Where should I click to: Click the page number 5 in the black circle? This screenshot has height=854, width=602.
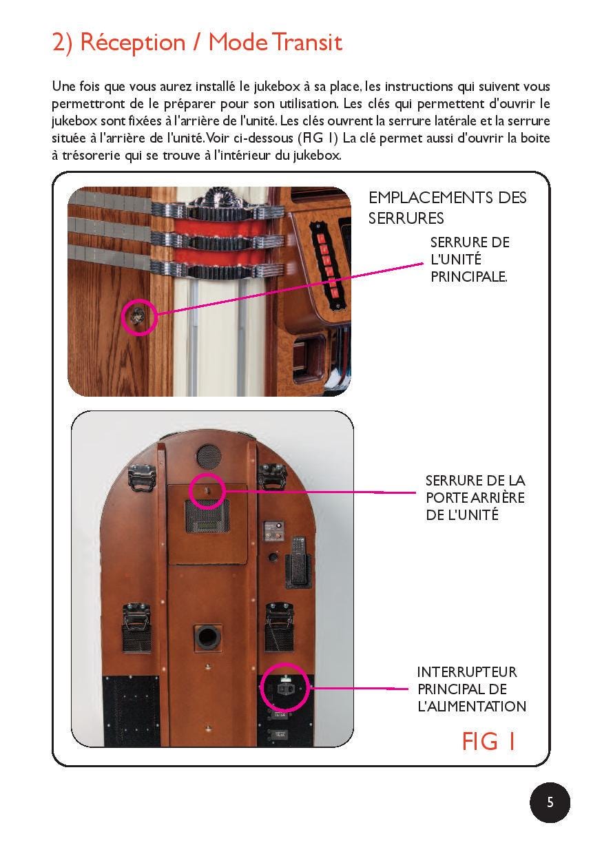550,802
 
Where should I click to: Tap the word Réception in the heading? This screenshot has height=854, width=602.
133,43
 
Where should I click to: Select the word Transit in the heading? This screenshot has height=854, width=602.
307,42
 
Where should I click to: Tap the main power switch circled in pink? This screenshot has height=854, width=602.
284,688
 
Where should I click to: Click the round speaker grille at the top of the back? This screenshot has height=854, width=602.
209,457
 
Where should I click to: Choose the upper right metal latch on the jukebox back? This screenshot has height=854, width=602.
272,476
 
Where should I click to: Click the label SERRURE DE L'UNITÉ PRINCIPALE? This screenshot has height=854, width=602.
470,259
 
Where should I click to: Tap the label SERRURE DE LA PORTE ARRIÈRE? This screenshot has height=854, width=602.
475,497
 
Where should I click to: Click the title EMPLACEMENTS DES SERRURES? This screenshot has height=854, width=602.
447,208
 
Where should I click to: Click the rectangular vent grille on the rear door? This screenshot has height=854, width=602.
207,516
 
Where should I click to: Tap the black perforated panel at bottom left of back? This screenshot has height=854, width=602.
131,710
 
